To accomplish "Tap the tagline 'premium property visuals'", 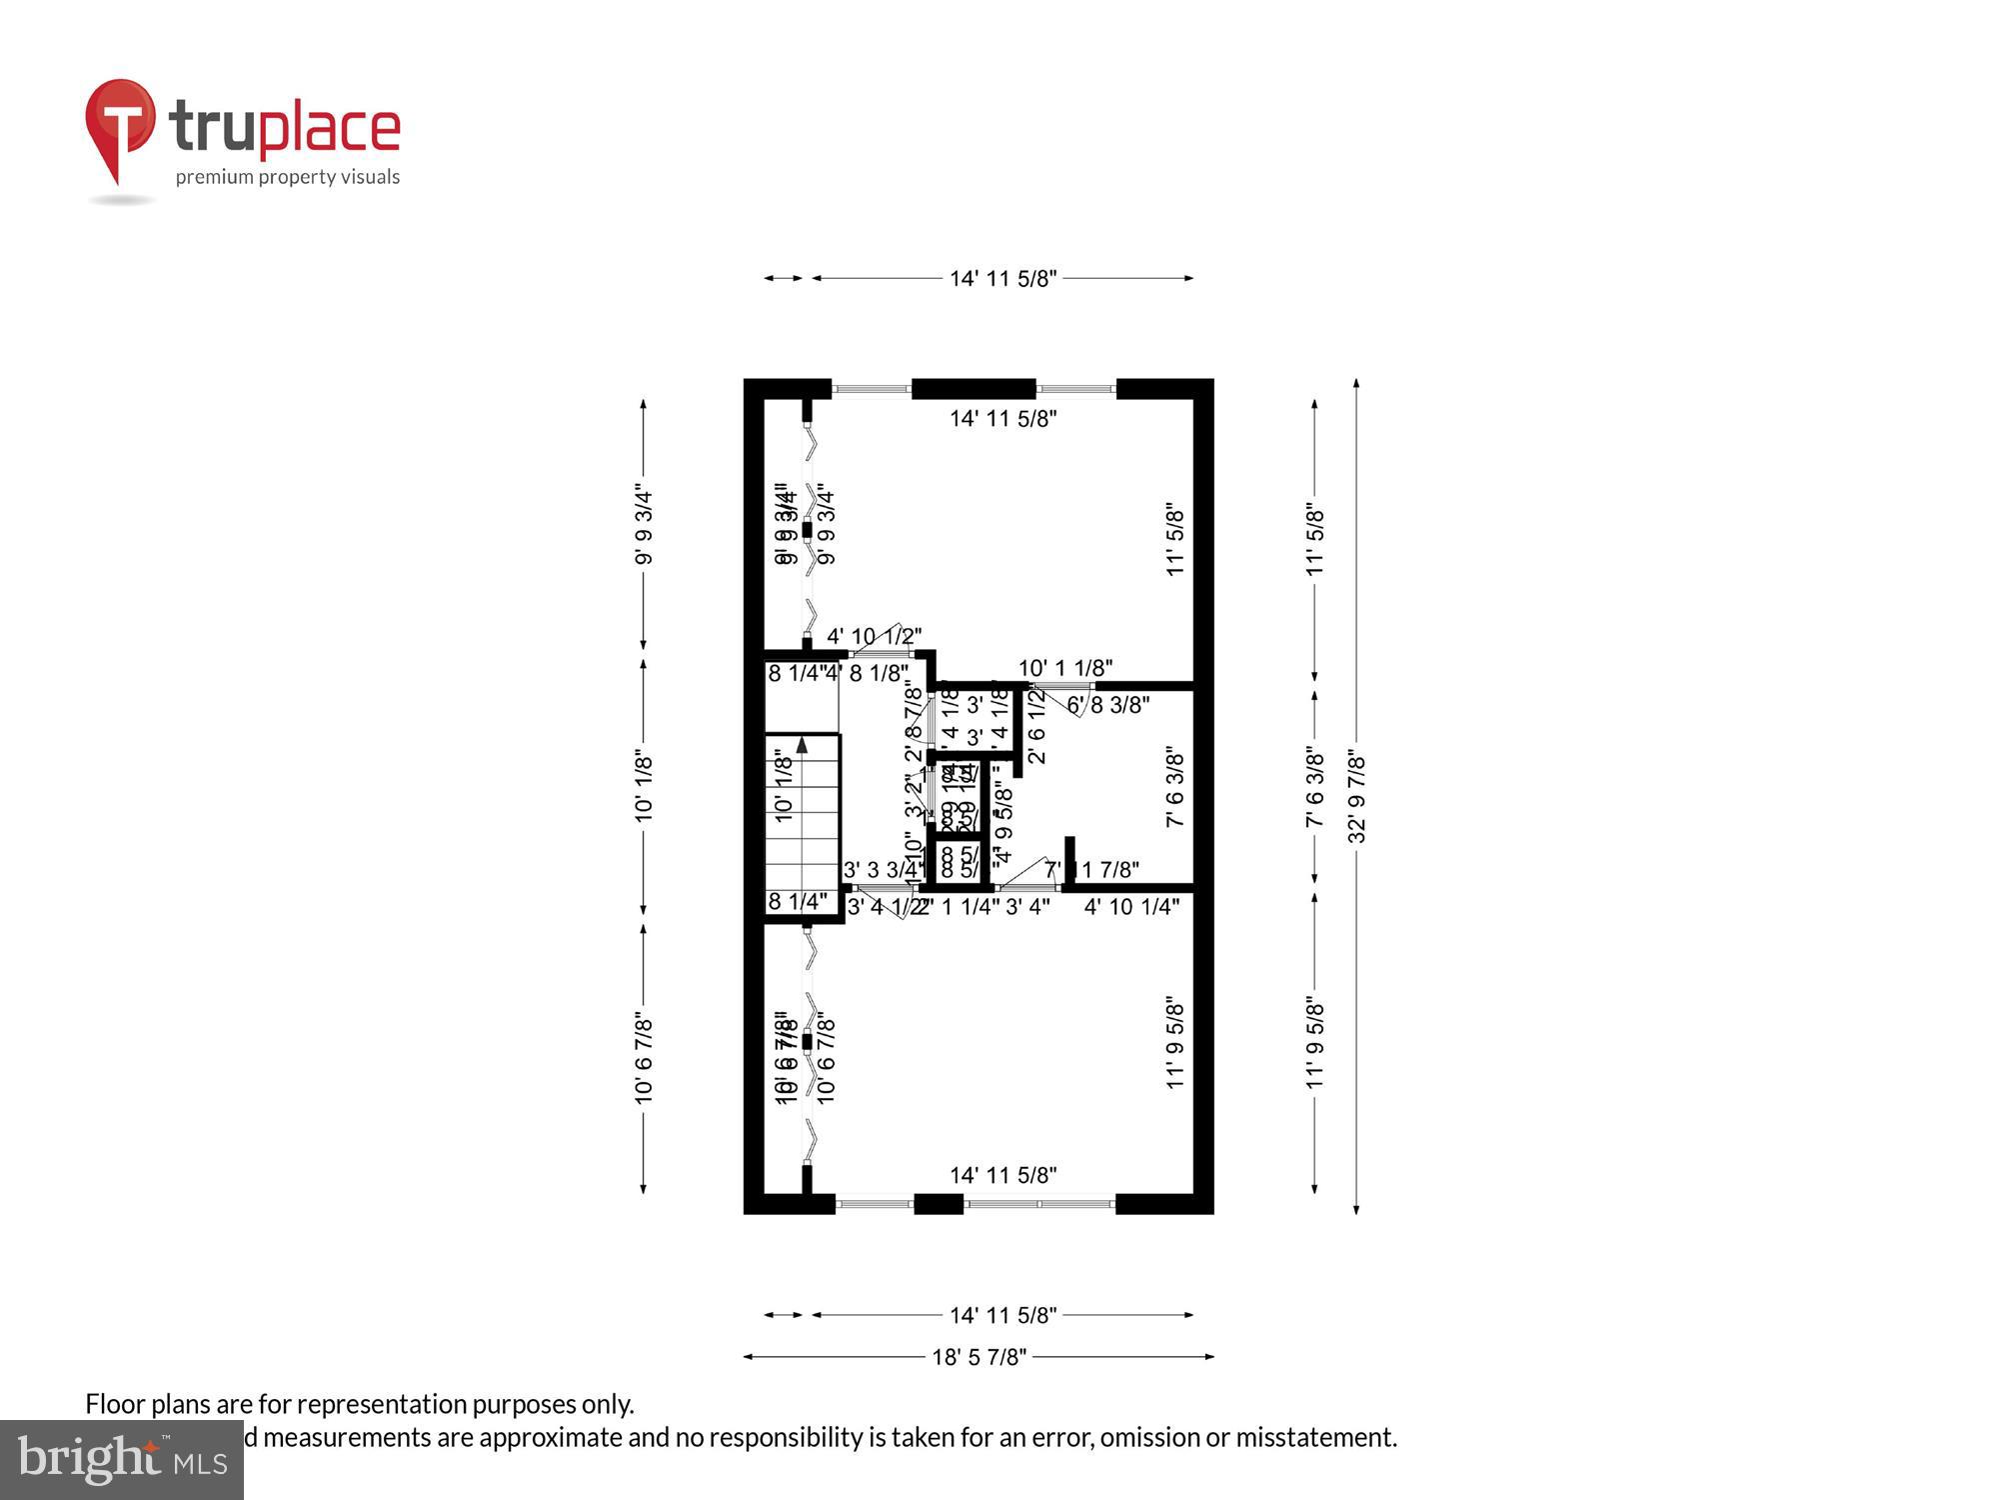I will pyautogui.click(x=288, y=177).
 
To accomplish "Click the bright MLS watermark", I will pyautogui.click(x=122, y=1460).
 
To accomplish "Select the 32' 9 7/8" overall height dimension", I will pyautogui.click(x=1356, y=797).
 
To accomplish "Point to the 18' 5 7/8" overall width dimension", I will pyautogui.click(x=979, y=1357).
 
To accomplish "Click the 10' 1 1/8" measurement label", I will pyautogui.click(x=1065, y=668).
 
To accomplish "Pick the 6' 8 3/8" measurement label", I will pyautogui.click(x=1108, y=705).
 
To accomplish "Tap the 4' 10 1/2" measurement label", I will pyautogui.click(x=874, y=636).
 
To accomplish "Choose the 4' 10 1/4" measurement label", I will pyautogui.click(x=1131, y=907).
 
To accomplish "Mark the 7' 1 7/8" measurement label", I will pyautogui.click(x=1092, y=870).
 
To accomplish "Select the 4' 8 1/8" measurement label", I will pyautogui.click(x=867, y=674).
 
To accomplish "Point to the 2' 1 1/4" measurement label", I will pyautogui.click(x=958, y=907).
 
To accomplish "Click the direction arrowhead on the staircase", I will pyautogui.click(x=802, y=745).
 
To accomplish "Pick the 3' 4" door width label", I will pyautogui.click(x=1027, y=907).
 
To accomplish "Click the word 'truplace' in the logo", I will pyautogui.click(x=285, y=128).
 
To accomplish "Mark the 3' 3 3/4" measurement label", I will pyautogui.click(x=882, y=870).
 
